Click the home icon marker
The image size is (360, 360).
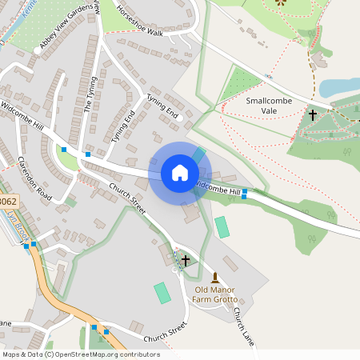(179, 172)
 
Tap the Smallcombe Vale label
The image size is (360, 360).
(273, 106)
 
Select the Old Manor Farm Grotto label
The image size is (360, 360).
(214, 294)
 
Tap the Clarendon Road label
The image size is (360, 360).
(34, 178)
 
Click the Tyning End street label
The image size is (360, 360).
(162, 106)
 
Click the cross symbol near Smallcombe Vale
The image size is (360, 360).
(312, 115)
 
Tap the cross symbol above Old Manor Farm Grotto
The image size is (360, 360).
(186, 260)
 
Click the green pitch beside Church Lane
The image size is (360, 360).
(162, 292)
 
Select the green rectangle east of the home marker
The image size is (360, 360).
(222, 227)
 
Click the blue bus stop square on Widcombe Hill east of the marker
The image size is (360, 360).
(244, 193)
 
